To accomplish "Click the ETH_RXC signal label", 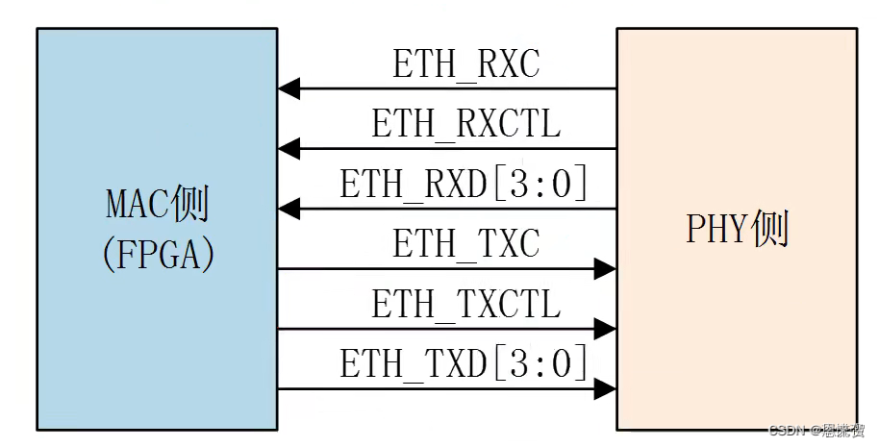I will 465,64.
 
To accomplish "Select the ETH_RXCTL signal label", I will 465,125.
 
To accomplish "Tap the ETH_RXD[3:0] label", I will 464,185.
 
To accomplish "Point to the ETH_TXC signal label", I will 465,245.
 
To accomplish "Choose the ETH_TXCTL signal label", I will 465,306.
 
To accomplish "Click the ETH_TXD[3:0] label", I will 464,365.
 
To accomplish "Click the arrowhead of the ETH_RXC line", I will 289,89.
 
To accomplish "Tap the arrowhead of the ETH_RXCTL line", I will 289,149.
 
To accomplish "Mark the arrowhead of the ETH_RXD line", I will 289,209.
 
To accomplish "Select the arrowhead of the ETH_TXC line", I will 605,269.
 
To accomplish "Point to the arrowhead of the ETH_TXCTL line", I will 605,329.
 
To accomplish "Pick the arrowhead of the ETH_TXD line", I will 605,389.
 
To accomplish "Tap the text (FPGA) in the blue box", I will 157,254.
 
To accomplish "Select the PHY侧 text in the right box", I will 737,231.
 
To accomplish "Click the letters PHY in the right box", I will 716,231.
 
